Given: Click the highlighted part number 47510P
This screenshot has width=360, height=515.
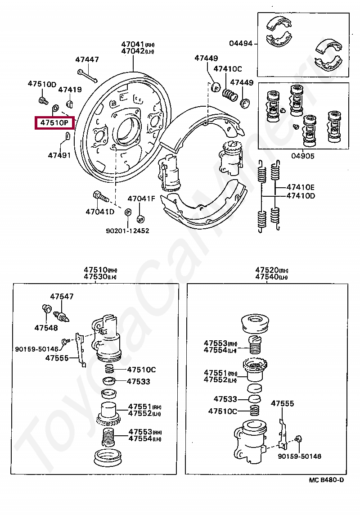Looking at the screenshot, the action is pos(54,123).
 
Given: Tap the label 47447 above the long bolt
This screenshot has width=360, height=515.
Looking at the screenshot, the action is pos(87,59).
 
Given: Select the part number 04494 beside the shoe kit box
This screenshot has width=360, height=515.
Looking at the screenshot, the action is pos(241,43).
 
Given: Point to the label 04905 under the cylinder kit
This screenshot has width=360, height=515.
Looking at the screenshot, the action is pos(302,156).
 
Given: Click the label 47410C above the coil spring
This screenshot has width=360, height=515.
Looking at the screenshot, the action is pos(228,68).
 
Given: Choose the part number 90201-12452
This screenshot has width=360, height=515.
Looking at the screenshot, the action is pos(127,230).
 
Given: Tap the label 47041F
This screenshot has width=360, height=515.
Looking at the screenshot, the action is pos(141,199).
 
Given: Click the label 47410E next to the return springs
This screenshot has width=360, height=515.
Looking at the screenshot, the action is pos(300,187).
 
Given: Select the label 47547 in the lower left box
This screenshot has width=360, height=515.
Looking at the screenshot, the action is pos(62,296).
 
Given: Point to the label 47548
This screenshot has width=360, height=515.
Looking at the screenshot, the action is pos(46,327).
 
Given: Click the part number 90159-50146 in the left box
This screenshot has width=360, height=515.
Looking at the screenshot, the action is pos(36,349).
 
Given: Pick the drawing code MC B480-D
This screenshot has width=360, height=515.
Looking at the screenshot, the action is pos(326,480).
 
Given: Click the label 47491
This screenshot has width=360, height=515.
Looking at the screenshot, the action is pos(59,155).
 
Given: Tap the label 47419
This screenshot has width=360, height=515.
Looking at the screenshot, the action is pos(70,89).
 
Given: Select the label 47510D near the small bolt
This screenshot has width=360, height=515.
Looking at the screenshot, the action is pos(42,84).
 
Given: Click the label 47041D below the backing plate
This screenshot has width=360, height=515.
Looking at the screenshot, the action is pos(100,212).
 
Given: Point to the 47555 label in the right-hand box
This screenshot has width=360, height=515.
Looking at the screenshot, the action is pos(282,403).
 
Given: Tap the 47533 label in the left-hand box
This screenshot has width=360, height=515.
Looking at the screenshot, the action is pos(139,381).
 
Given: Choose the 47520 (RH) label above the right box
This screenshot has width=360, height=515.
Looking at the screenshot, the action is pos(272,270).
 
